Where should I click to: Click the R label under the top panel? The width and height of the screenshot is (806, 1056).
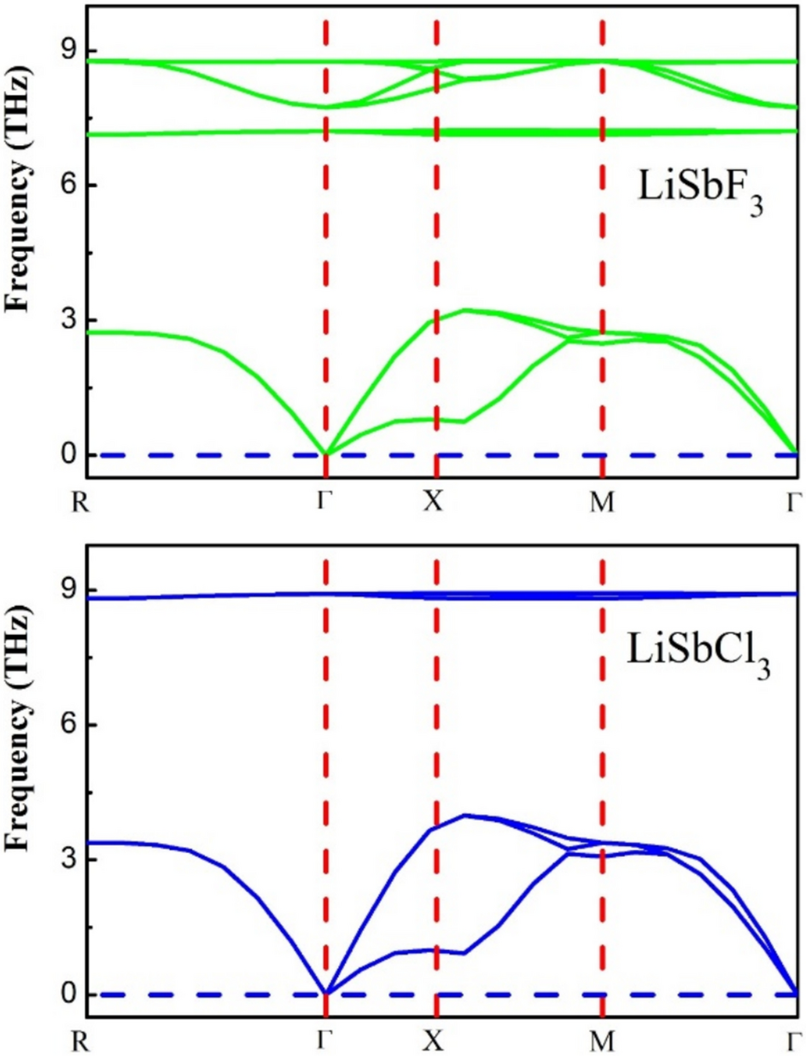pos(84,500)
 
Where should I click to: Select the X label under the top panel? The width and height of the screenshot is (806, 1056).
pos(435,500)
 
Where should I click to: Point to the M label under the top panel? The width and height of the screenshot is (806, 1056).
pos(603,500)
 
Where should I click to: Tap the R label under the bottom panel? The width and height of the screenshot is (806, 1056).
pos(84,1041)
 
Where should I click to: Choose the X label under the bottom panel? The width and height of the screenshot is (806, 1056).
pos(435,1041)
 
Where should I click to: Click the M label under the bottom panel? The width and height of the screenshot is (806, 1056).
pos(603,1041)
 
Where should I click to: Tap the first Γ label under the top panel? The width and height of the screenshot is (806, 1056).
pos(324,500)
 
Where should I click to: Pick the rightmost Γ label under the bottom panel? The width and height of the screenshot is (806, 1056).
pos(796,1041)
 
